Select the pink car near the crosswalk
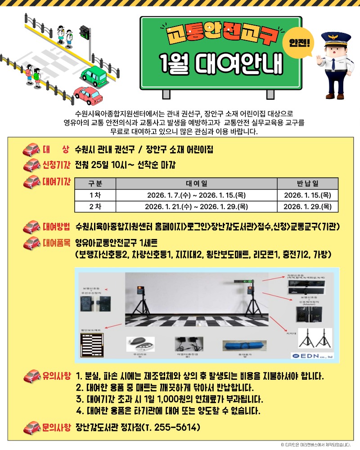coord(89,95)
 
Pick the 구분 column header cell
coord(95,183)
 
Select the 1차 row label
coord(95,195)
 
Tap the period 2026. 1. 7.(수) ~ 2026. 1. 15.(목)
coord(197,195)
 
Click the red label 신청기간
coord(57,165)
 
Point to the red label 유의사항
coord(57,375)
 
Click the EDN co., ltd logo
coord(311,355)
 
